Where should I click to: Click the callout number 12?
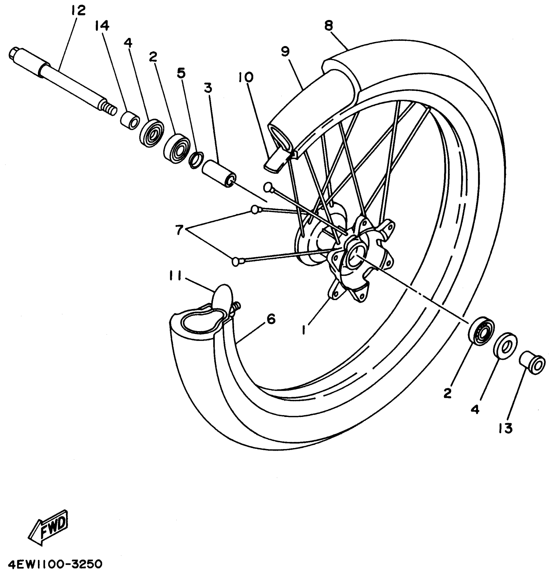78,11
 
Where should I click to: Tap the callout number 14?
102,26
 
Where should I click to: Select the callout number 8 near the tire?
329,26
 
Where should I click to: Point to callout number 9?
285,52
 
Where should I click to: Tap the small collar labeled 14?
130,121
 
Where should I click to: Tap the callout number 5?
182,74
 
